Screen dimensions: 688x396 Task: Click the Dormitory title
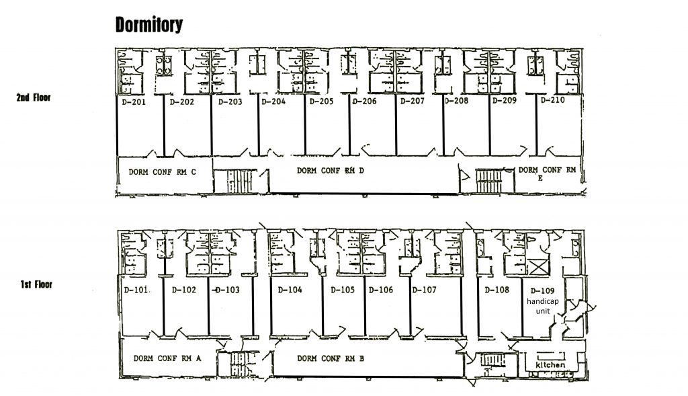pos(148,25)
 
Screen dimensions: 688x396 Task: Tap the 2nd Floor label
pos(34,97)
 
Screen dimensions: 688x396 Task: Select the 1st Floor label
pos(36,284)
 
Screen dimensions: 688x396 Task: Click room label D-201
pos(133,102)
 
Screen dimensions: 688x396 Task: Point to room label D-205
pos(321,102)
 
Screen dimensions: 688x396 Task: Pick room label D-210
pos(552,100)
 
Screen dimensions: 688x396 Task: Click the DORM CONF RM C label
pos(163,172)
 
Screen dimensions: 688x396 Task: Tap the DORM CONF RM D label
pos(331,170)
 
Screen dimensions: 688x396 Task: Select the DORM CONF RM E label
pos(547,173)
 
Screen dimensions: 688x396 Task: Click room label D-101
pos(136,290)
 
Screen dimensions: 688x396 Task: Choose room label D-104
pos(290,290)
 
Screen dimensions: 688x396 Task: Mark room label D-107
pos(425,290)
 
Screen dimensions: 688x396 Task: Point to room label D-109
pos(542,290)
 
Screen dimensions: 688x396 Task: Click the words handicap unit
pos(543,306)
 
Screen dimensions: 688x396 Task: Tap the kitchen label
pos(551,365)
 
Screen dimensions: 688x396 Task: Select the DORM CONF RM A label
pos(167,358)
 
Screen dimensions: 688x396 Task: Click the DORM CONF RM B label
pos(331,358)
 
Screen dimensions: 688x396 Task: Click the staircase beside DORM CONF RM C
pos(241,181)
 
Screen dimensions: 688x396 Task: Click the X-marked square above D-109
pos(538,267)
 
